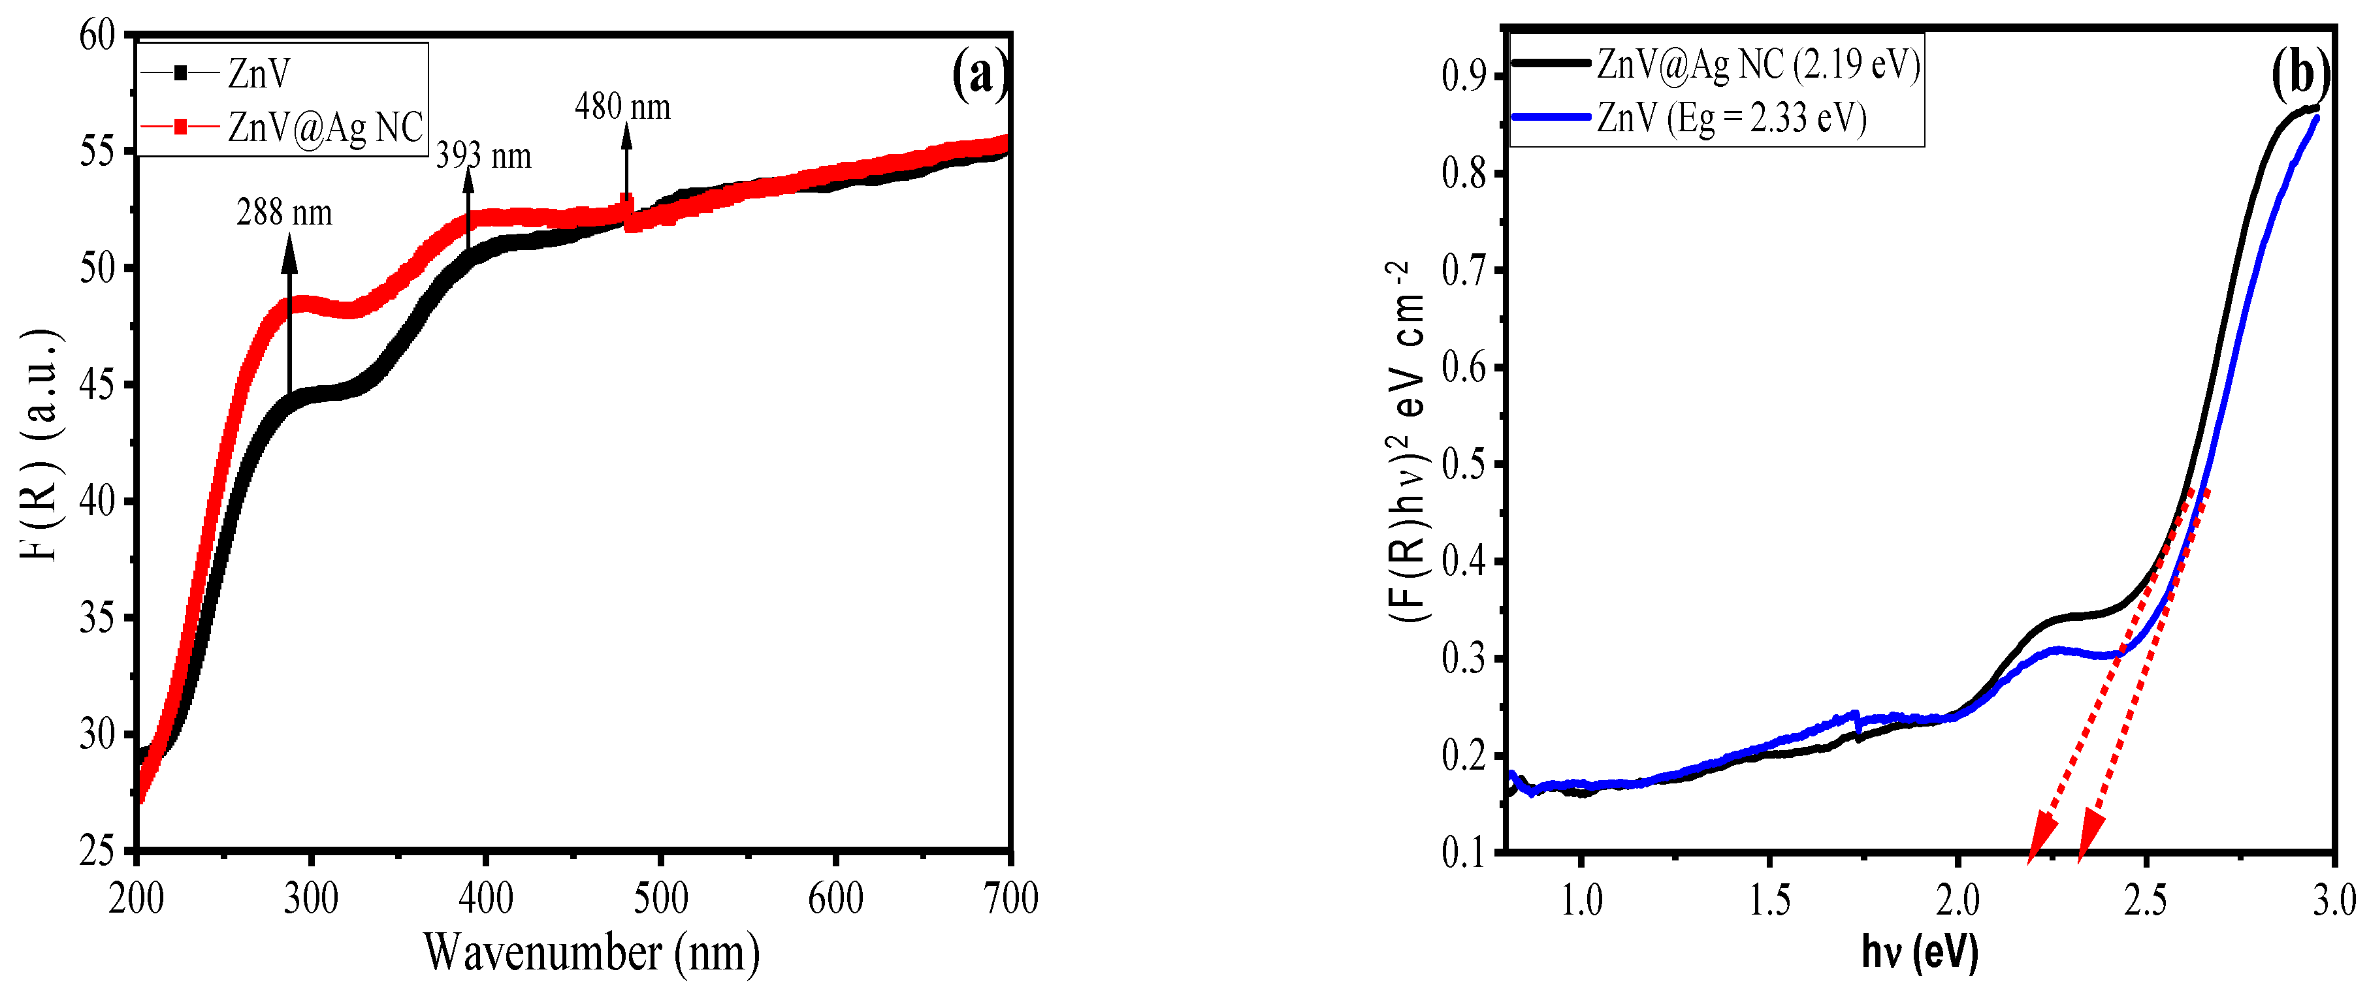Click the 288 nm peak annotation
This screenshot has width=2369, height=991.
(284, 213)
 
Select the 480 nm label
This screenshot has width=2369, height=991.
(622, 108)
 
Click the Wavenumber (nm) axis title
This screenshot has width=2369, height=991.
(591, 952)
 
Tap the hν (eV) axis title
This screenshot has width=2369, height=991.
(1919, 952)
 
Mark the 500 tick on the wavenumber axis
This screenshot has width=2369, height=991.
(660, 898)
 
